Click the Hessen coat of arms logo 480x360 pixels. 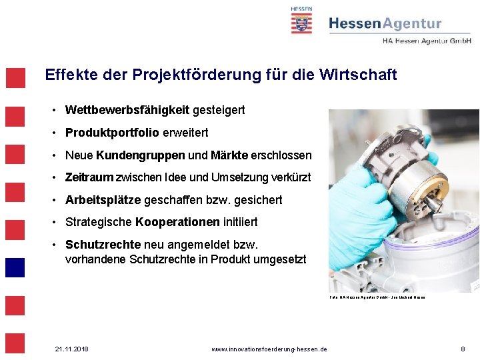301,21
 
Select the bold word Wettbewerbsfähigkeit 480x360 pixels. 127,109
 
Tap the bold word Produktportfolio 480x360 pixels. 112,133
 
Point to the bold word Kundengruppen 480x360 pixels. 141,155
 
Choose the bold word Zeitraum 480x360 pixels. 89,177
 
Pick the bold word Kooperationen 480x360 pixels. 177,222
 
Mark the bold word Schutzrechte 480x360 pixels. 103,245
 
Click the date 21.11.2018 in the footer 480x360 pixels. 71,349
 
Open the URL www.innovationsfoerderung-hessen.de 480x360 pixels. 269,349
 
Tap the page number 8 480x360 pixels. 463,349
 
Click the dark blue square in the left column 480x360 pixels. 15,267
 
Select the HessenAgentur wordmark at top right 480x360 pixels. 385,24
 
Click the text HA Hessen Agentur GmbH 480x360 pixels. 427,41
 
